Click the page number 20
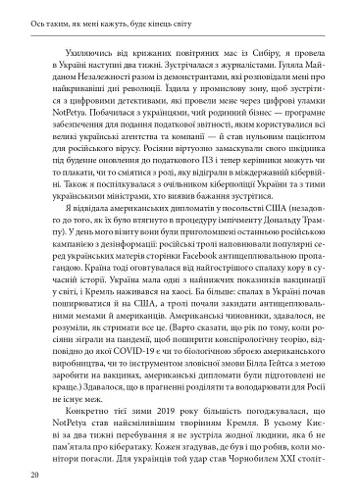[34, 476]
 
